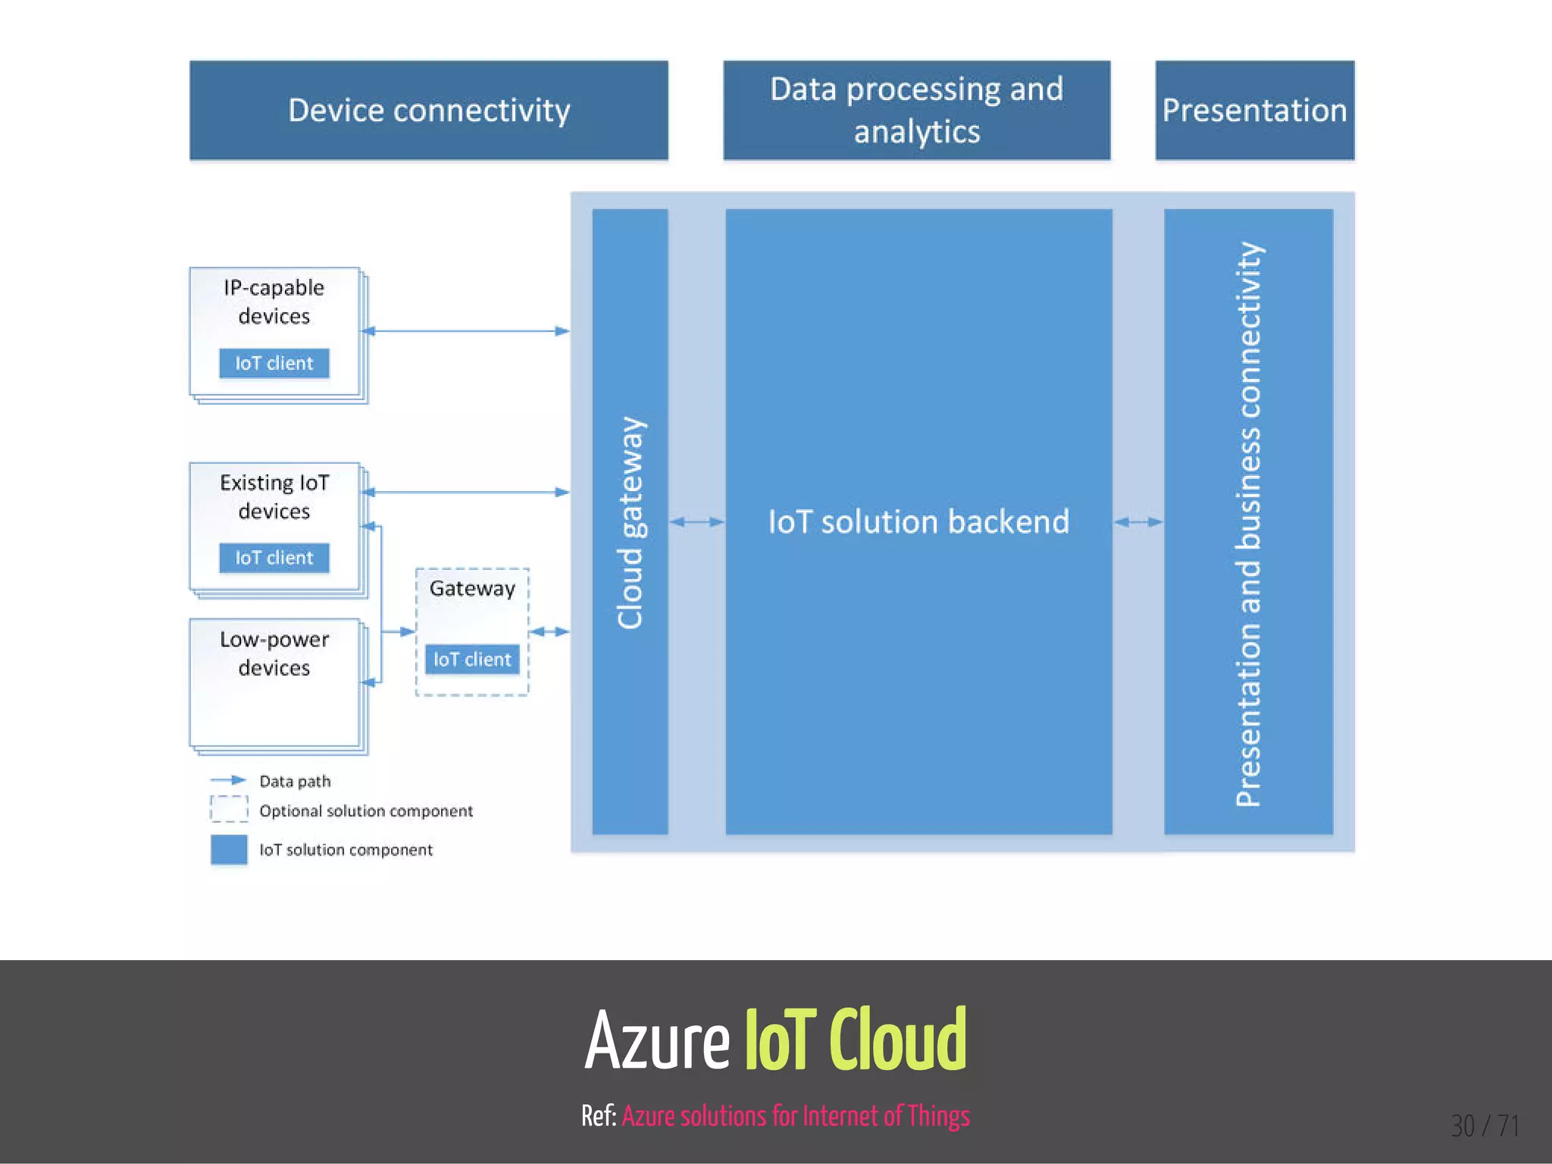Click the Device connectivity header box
(429, 111)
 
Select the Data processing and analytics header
(916, 111)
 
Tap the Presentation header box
(1254, 111)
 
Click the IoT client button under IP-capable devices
(274, 363)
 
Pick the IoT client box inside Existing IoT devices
(274, 558)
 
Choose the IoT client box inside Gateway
(472, 659)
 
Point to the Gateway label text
(472, 588)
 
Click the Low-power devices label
(274, 653)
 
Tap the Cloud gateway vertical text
(630, 523)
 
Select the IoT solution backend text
(918, 522)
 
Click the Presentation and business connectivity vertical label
(1248, 523)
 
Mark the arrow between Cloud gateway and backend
(697, 521)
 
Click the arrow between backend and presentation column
(1138, 521)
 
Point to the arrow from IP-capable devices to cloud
(466, 331)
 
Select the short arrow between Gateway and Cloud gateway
(549, 631)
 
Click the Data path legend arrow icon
(228, 780)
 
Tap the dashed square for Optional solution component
(229, 809)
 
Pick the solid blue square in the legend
(229, 850)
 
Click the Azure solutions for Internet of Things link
(796, 1116)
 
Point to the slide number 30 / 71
(1485, 1126)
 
